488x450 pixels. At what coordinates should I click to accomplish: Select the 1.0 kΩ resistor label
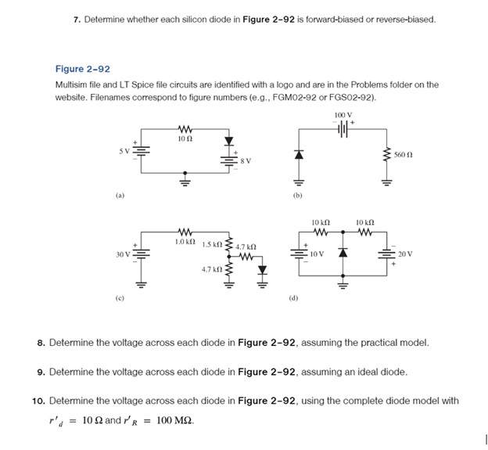185,242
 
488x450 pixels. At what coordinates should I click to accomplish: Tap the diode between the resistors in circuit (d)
342,254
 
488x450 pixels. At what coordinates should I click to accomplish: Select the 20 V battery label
404,254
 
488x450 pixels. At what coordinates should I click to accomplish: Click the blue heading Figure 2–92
82,69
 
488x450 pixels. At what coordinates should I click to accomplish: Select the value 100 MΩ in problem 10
174,419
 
